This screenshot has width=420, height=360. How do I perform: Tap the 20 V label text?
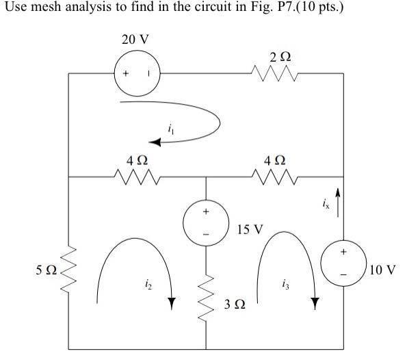pos(135,39)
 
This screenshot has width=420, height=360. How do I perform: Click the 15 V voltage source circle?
pos(207,224)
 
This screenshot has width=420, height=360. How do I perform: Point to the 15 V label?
pos(249,229)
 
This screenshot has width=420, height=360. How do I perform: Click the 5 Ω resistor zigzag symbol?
pos(69,269)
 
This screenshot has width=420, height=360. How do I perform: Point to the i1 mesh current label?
pos(170,127)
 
